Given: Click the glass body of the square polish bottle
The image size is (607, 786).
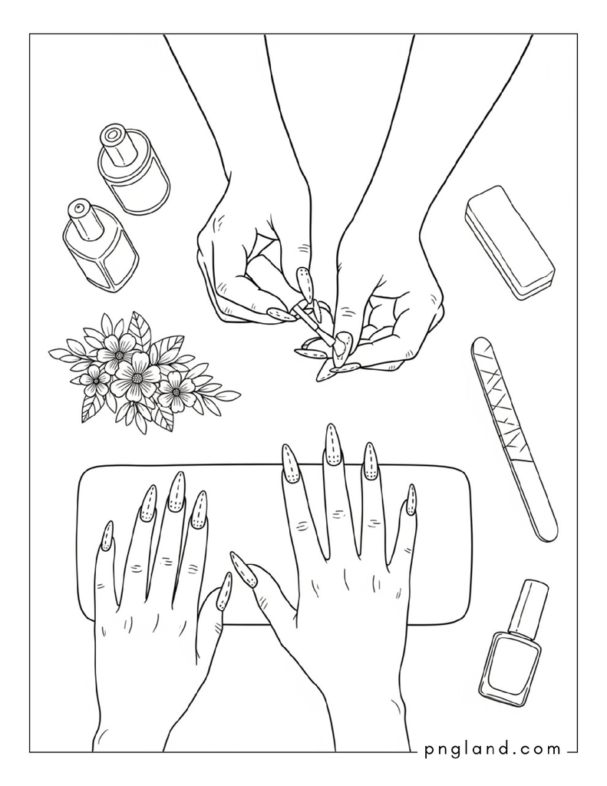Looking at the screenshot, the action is (x=510, y=669).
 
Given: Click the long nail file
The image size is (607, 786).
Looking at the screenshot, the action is (x=514, y=439).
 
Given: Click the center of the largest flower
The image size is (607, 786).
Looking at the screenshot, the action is (x=136, y=378).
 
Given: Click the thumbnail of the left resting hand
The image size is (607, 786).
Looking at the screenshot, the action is (x=223, y=591).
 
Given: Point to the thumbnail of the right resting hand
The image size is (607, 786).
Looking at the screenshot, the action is (x=243, y=569).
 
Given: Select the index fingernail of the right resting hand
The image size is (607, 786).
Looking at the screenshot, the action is (x=290, y=463).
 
